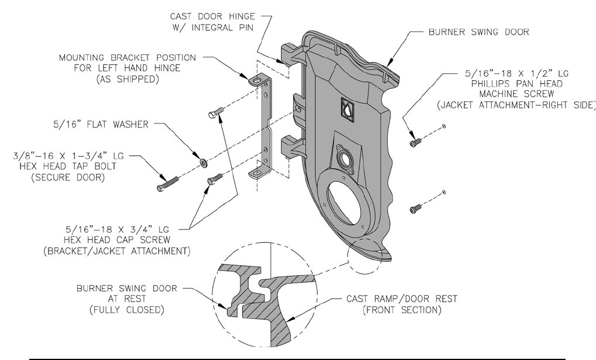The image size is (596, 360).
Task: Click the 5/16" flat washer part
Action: pos(204,163)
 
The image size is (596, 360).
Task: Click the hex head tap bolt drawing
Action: pos(168,183)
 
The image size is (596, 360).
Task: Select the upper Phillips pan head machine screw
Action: pos(415,142)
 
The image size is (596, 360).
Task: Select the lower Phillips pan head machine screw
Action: pos(415,208)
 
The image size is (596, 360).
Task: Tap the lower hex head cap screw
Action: pos(215,179)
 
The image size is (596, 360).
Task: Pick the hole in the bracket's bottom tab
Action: pos(257,173)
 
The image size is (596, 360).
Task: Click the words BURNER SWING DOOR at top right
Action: pos(478,32)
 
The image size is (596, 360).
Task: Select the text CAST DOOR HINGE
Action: pos(212,16)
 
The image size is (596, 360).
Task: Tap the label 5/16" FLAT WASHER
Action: pos(101,125)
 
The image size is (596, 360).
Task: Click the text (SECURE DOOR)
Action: pos(68,177)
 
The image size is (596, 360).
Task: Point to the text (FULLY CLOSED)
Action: pos(127,310)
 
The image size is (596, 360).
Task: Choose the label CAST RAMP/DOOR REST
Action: pos(402,299)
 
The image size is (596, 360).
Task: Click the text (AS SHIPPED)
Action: pos(127,79)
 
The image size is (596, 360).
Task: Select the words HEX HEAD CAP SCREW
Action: pos(117,240)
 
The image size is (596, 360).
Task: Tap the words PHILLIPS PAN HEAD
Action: pos(517,84)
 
